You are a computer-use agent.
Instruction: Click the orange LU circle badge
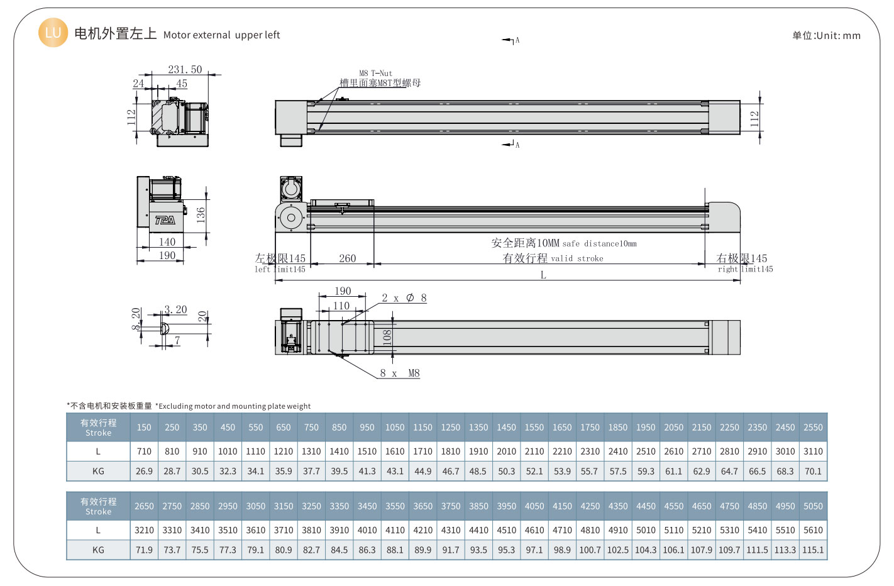pyautogui.click(x=53, y=32)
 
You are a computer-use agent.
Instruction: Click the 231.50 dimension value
pyautogui.click(x=185, y=69)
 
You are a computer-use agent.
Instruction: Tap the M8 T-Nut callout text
pyautogui.click(x=375, y=73)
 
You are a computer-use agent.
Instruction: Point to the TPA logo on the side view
pyautogui.click(x=165, y=220)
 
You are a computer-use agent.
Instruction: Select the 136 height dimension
pyautogui.click(x=201, y=215)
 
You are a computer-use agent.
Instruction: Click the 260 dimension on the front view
pyautogui.click(x=347, y=258)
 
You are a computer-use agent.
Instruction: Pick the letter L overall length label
pyautogui.click(x=543, y=275)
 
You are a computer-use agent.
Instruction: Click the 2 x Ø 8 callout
pyautogui.click(x=404, y=298)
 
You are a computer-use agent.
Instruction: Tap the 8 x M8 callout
pyautogui.click(x=399, y=373)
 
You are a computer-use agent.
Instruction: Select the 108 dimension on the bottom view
pyautogui.click(x=387, y=337)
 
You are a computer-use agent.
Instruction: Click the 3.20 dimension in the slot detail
pyautogui.click(x=175, y=309)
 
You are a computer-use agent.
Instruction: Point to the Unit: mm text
pyautogui.click(x=838, y=36)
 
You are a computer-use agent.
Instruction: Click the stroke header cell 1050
pyautogui.click(x=395, y=427)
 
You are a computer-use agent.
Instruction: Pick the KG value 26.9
pyautogui.click(x=144, y=471)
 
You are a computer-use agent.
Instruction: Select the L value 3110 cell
pyautogui.click(x=813, y=451)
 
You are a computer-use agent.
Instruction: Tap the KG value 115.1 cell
pyautogui.click(x=813, y=550)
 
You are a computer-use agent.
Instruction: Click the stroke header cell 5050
pyautogui.click(x=813, y=506)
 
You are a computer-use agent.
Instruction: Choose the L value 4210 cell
pyautogui.click(x=422, y=529)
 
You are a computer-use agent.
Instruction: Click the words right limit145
pyautogui.click(x=745, y=269)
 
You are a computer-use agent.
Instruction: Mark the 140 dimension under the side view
pyautogui.click(x=167, y=242)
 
